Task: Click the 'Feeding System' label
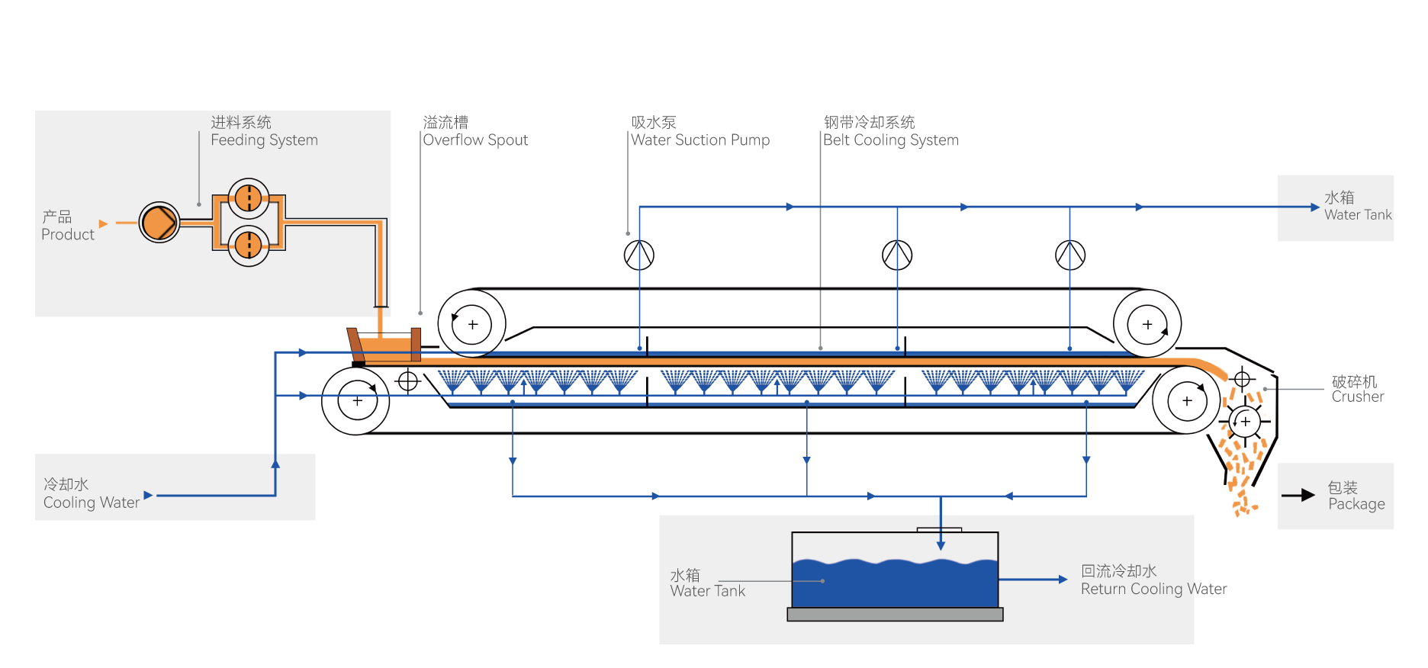click(264, 140)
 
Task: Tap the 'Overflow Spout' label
click(475, 140)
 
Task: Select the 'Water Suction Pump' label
click(700, 140)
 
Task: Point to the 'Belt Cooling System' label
click(891, 140)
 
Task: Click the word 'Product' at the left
click(68, 235)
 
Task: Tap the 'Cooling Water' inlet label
click(92, 503)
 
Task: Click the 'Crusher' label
click(1357, 397)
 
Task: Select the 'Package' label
click(1356, 504)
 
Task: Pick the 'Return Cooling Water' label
click(1153, 589)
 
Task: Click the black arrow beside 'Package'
click(1298, 496)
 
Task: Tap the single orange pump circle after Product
click(159, 223)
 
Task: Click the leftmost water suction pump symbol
click(639, 255)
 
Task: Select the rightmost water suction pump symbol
click(1070, 255)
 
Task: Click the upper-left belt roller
click(472, 324)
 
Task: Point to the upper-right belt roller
click(1147, 324)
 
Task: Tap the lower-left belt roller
click(356, 401)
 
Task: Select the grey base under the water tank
click(895, 615)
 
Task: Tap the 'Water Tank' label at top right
click(1358, 215)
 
